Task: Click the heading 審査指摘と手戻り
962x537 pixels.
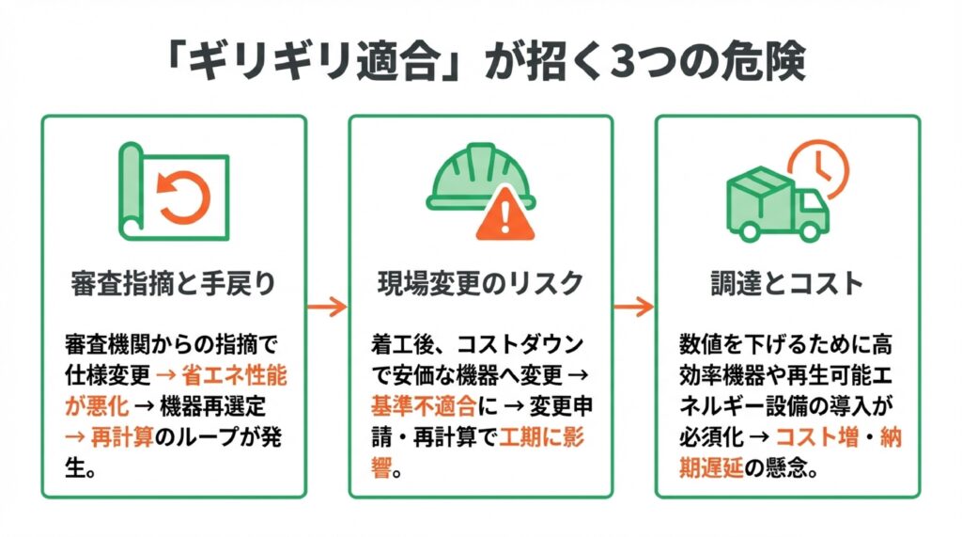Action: (173, 283)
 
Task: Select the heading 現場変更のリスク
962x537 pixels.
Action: (480, 283)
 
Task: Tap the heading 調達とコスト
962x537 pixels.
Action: (787, 283)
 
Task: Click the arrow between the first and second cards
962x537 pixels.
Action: (327, 306)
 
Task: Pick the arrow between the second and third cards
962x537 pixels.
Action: (633, 306)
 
